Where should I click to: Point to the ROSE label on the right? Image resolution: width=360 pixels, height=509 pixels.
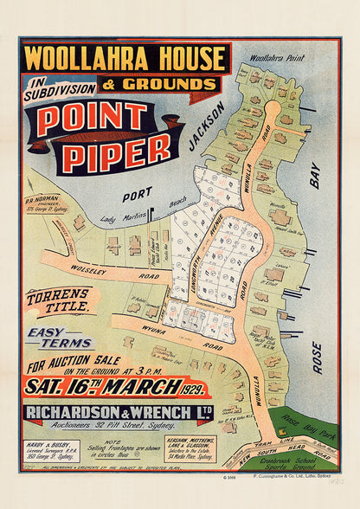point(317,356)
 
